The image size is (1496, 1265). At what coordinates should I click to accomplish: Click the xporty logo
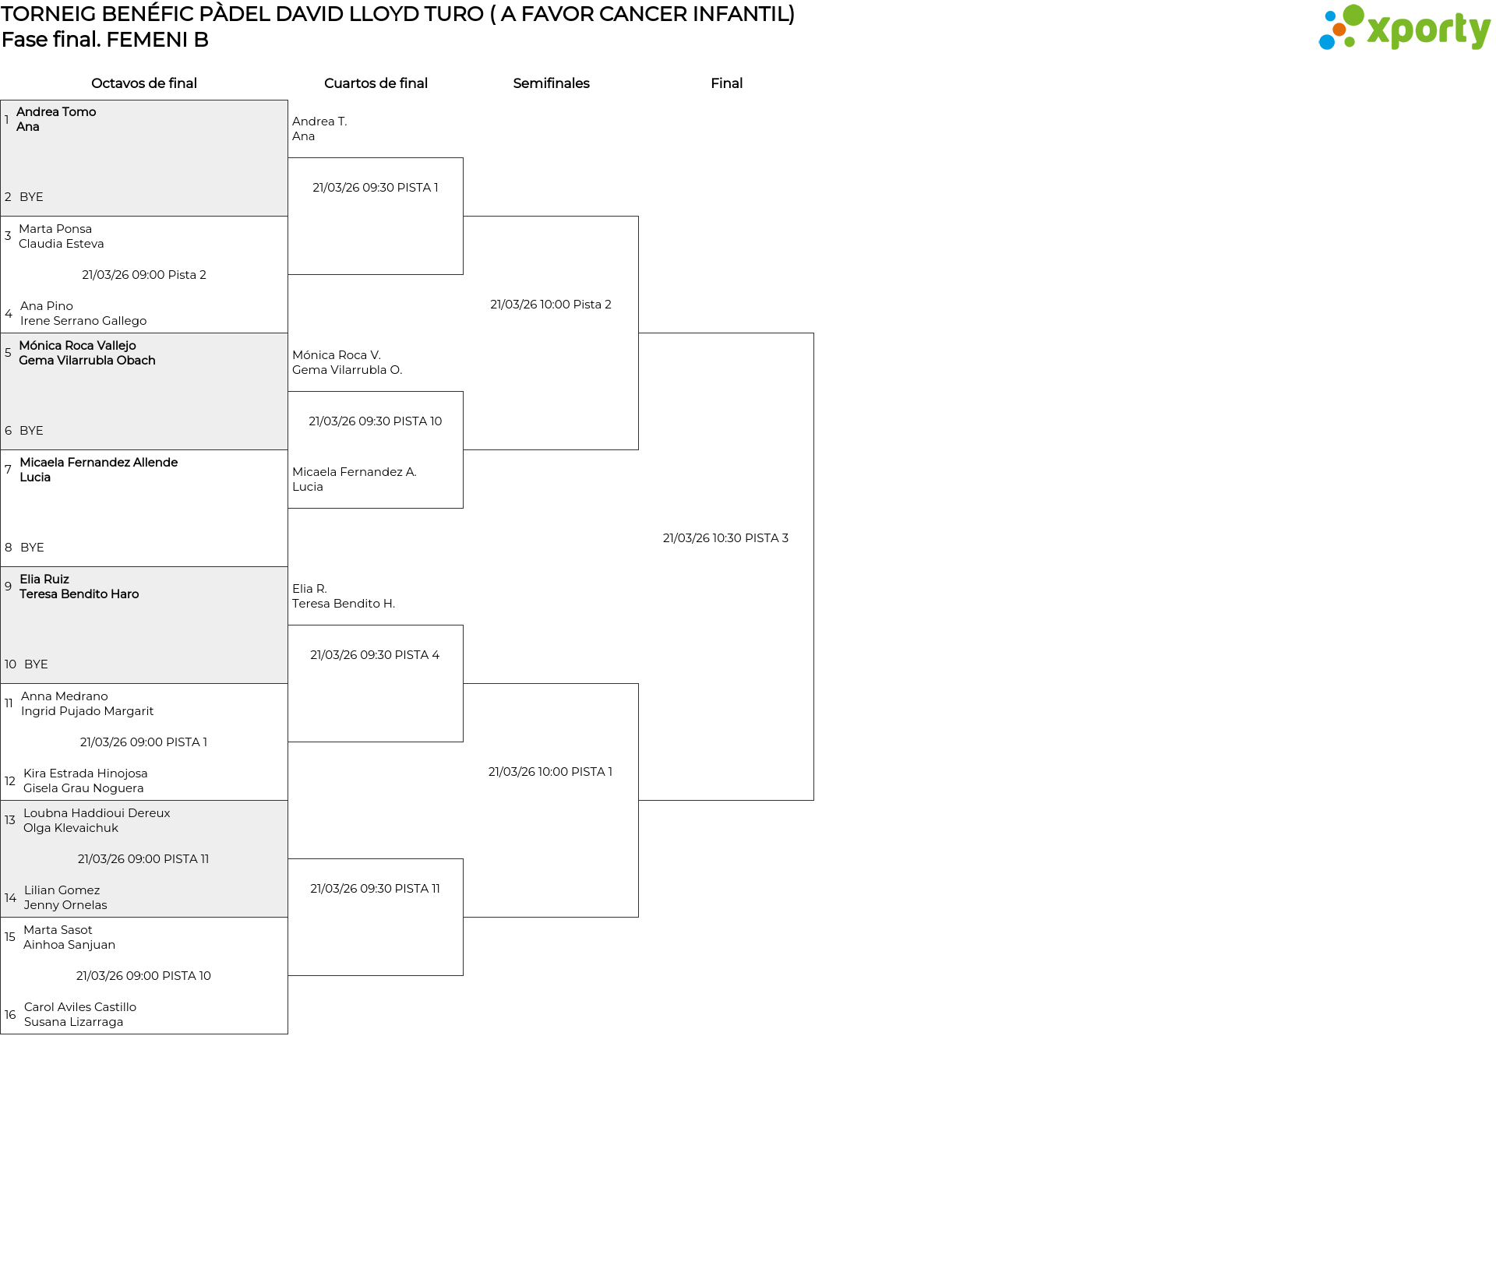(x=1404, y=28)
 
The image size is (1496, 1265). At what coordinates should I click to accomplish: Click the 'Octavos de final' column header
(x=144, y=83)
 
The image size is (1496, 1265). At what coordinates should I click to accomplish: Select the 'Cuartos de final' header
(x=376, y=83)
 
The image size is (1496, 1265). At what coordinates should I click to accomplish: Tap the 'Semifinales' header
(x=551, y=83)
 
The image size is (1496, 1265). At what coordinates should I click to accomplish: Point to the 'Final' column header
(x=726, y=83)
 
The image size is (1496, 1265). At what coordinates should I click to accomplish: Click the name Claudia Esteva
(x=62, y=244)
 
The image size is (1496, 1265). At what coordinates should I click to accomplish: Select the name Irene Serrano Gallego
(x=83, y=321)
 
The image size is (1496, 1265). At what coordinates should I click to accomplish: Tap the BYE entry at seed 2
(x=31, y=197)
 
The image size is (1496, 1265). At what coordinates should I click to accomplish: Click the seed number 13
(x=10, y=820)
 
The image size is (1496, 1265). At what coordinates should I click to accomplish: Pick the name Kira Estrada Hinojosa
(x=86, y=773)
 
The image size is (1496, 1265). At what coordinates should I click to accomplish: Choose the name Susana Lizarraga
(x=73, y=1022)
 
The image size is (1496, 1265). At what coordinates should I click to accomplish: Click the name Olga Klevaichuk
(x=71, y=828)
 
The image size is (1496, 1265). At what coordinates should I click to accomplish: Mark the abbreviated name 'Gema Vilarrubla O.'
(x=348, y=370)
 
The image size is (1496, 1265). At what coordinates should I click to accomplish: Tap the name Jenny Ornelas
(x=65, y=905)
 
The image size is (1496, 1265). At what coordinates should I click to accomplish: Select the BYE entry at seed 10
(x=36, y=664)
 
